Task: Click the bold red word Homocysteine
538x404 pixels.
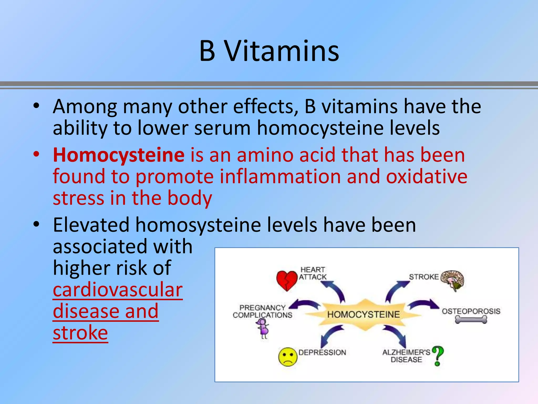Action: point(118,155)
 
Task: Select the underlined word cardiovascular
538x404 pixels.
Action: point(118,290)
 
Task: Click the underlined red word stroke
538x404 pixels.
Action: point(80,333)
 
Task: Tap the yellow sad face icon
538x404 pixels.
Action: point(288,357)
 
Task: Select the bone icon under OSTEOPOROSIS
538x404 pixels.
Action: point(471,320)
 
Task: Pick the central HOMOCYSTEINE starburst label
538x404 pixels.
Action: point(363,314)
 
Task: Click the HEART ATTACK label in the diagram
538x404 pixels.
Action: point(313,273)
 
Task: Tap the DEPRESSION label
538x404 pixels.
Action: point(322,352)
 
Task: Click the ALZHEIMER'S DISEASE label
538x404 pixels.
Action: point(406,356)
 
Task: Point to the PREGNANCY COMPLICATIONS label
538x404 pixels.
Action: point(262,311)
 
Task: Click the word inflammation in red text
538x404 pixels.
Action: point(280,176)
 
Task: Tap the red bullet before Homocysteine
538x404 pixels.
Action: point(36,154)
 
